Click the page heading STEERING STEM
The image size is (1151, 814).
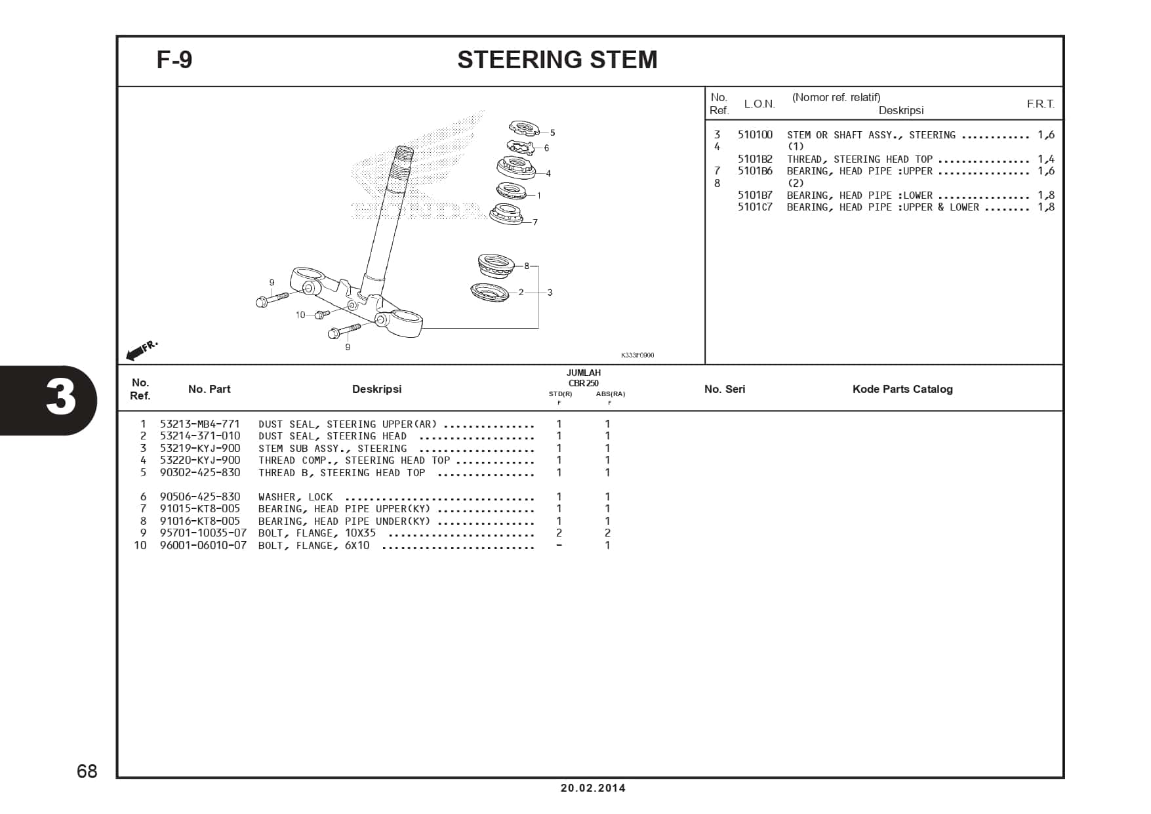(x=557, y=60)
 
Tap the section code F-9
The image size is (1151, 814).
(x=174, y=60)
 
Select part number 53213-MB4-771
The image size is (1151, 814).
(x=200, y=424)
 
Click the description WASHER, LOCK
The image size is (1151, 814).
(x=295, y=497)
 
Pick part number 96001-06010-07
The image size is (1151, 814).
(x=203, y=546)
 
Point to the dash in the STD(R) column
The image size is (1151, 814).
(x=559, y=546)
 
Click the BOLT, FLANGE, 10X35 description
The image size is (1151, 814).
(x=317, y=533)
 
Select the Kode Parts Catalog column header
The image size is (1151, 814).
(x=902, y=390)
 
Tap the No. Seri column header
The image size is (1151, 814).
(x=725, y=390)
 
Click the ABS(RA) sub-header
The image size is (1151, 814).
(x=610, y=394)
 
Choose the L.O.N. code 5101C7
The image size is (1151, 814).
(x=755, y=207)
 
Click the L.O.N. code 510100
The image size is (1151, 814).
(x=755, y=135)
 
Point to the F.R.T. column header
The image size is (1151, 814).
(x=1040, y=104)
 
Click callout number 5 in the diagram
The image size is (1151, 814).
(x=552, y=133)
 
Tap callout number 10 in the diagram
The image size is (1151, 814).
(x=300, y=315)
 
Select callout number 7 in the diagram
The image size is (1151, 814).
(x=535, y=222)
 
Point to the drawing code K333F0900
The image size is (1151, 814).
(x=637, y=356)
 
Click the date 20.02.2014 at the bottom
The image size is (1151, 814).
(x=593, y=788)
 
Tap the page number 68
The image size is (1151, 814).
(x=87, y=771)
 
